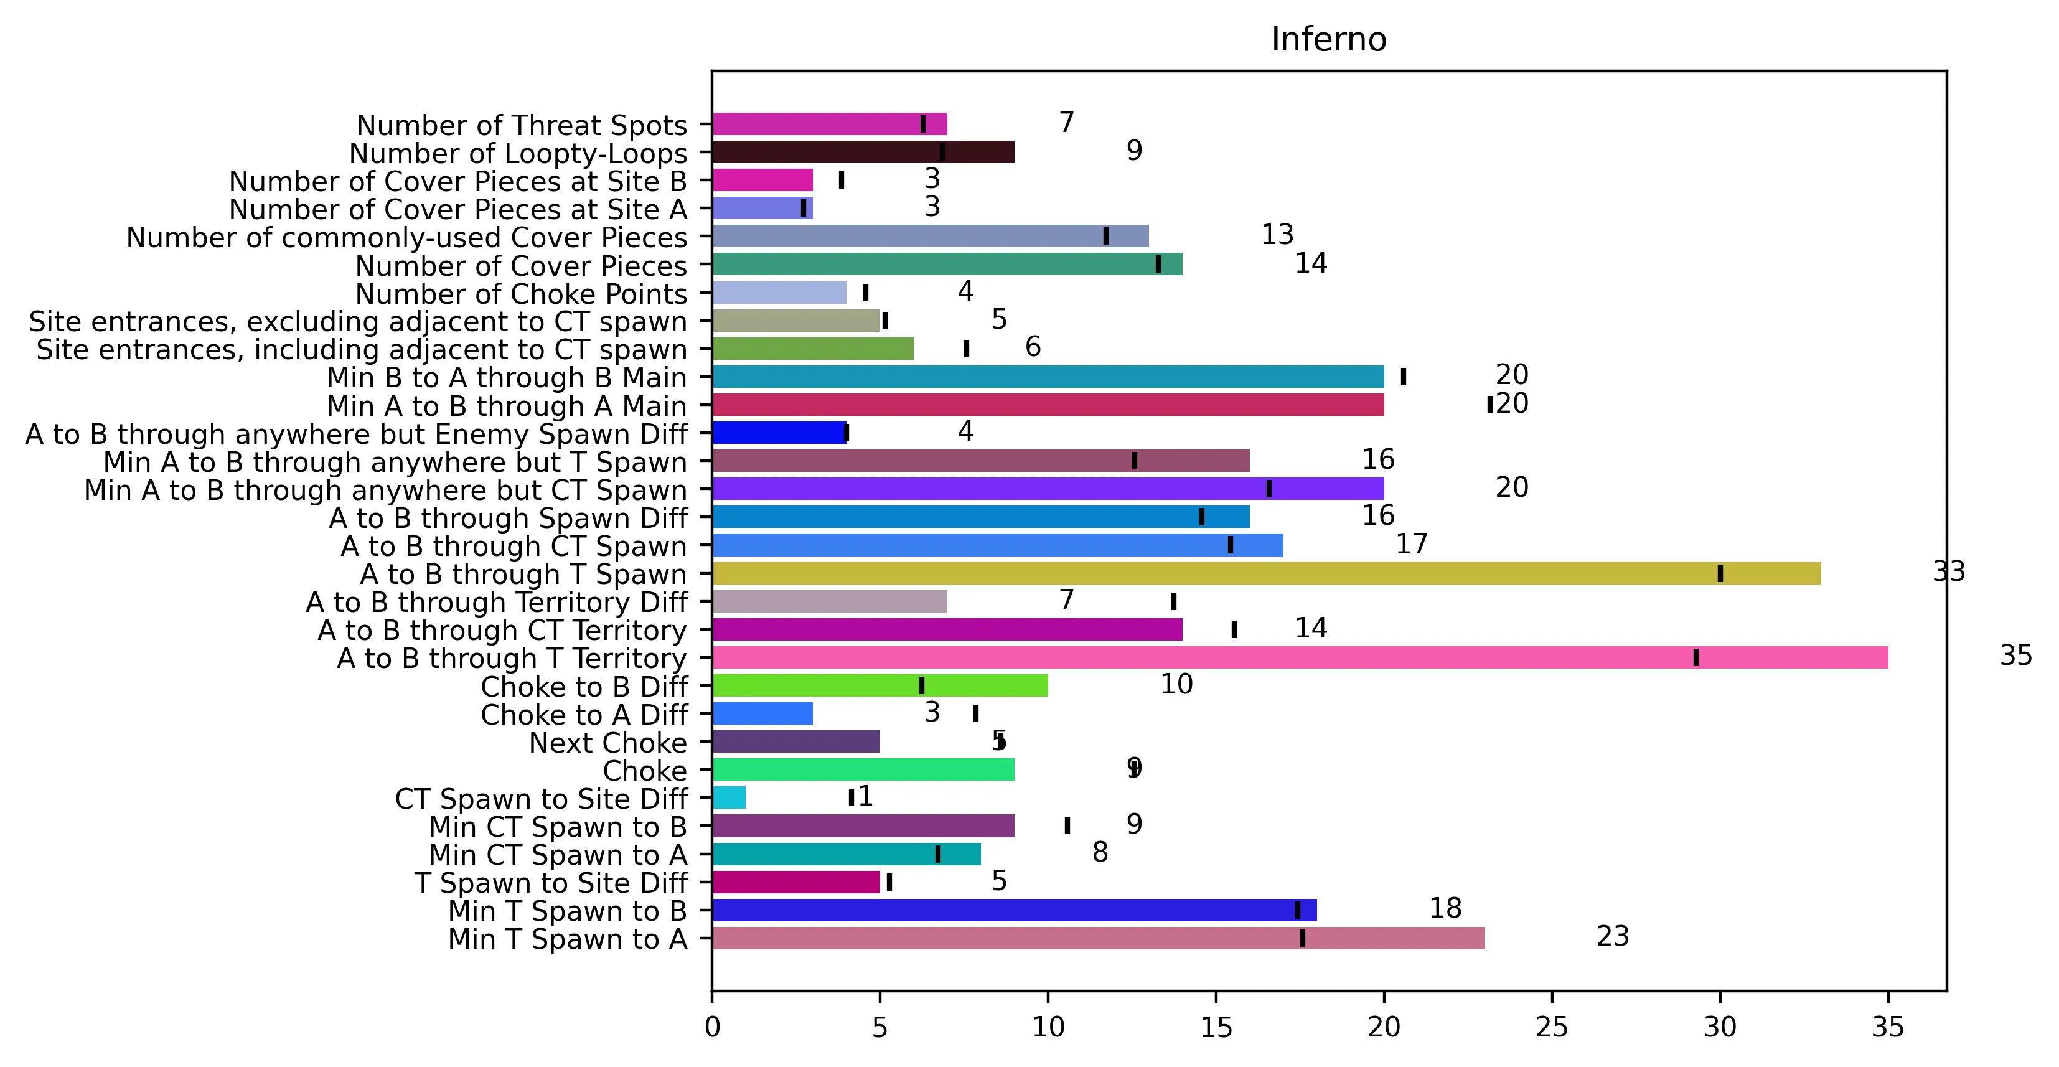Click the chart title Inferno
(1328, 39)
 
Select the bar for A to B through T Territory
(1300, 658)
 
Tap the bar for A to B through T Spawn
(1267, 574)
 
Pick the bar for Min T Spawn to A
(1098, 938)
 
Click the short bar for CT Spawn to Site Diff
(729, 797)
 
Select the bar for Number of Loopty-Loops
(863, 152)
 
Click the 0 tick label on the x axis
(712, 1027)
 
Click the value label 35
(2016, 656)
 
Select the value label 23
(1613, 936)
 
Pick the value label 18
(1445, 908)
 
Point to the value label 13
(1277, 234)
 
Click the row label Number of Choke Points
(521, 294)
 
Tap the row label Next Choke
(607, 743)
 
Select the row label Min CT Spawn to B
(558, 827)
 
